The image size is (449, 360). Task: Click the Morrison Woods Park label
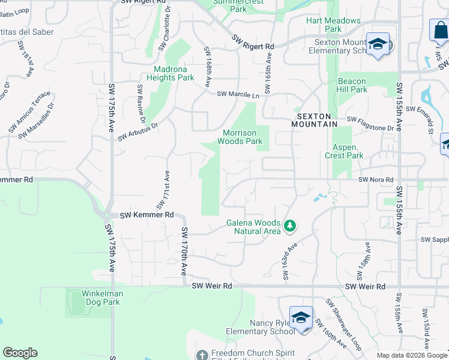(x=243, y=137)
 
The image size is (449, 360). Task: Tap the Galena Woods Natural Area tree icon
(x=290, y=226)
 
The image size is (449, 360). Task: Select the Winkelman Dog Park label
(x=94, y=298)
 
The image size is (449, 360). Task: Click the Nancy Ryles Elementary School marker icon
(x=301, y=317)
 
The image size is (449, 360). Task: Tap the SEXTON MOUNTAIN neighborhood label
(x=316, y=119)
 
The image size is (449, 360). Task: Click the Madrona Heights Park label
(x=170, y=73)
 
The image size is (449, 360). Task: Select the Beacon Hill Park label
(x=352, y=85)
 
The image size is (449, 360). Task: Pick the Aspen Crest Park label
(x=345, y=151)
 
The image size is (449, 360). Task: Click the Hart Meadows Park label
(x=333, y=25)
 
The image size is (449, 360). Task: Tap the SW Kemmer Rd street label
(x=146, y=215)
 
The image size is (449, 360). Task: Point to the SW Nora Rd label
(x=376, y=179)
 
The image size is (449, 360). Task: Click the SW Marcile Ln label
(x=238, y=94)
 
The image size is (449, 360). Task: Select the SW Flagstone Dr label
(x=370, y=126)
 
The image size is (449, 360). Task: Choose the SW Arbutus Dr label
(x=137, y=131)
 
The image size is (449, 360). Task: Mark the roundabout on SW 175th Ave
(x=107, y=215)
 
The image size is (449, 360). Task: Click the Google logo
(x=20, y=353)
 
